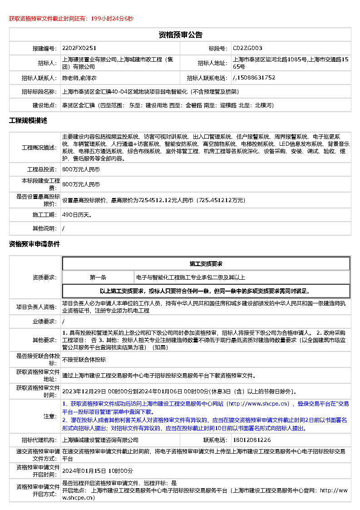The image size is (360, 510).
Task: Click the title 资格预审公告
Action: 180,35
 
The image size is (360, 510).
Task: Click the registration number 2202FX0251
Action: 79,48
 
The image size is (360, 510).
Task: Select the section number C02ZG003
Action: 247,48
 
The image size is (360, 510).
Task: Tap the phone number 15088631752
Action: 256,78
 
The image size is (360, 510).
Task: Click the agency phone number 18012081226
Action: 252,440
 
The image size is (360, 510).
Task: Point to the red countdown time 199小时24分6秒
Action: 112,19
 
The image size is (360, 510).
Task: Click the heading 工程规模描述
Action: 28,121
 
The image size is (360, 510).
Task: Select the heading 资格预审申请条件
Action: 35,244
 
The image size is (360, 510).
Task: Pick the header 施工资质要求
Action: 206,264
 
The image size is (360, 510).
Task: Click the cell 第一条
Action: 98,277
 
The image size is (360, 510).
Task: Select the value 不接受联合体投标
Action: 84,359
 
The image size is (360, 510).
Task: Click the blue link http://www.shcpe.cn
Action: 258,403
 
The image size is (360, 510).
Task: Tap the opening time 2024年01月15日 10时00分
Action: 98,470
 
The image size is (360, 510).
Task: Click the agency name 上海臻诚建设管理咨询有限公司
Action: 100,440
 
